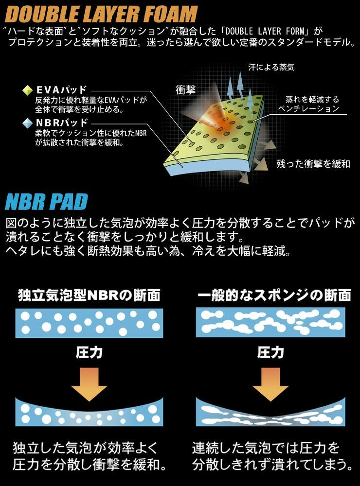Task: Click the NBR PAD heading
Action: [x=47, y=201]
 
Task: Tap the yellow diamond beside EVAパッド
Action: [x=28, y=90]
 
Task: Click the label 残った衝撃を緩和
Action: [x=313, y=164]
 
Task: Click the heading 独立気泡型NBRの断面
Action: [x=89, y=295]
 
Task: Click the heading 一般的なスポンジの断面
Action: [x=274, y=295]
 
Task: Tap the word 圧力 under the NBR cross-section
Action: [x=89, y=352]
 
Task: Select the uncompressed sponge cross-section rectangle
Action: [x=270, y=322]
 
